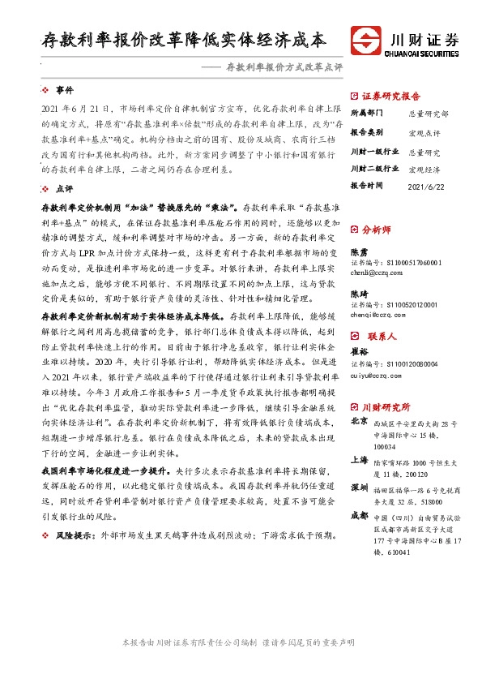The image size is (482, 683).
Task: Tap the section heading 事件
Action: click(x=64, y=89)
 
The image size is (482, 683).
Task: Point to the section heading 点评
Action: click(x=64, y=187)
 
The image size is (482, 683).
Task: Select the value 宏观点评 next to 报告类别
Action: click(x=424, y=132)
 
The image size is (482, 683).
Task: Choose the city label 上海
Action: click(x=359, y=458)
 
